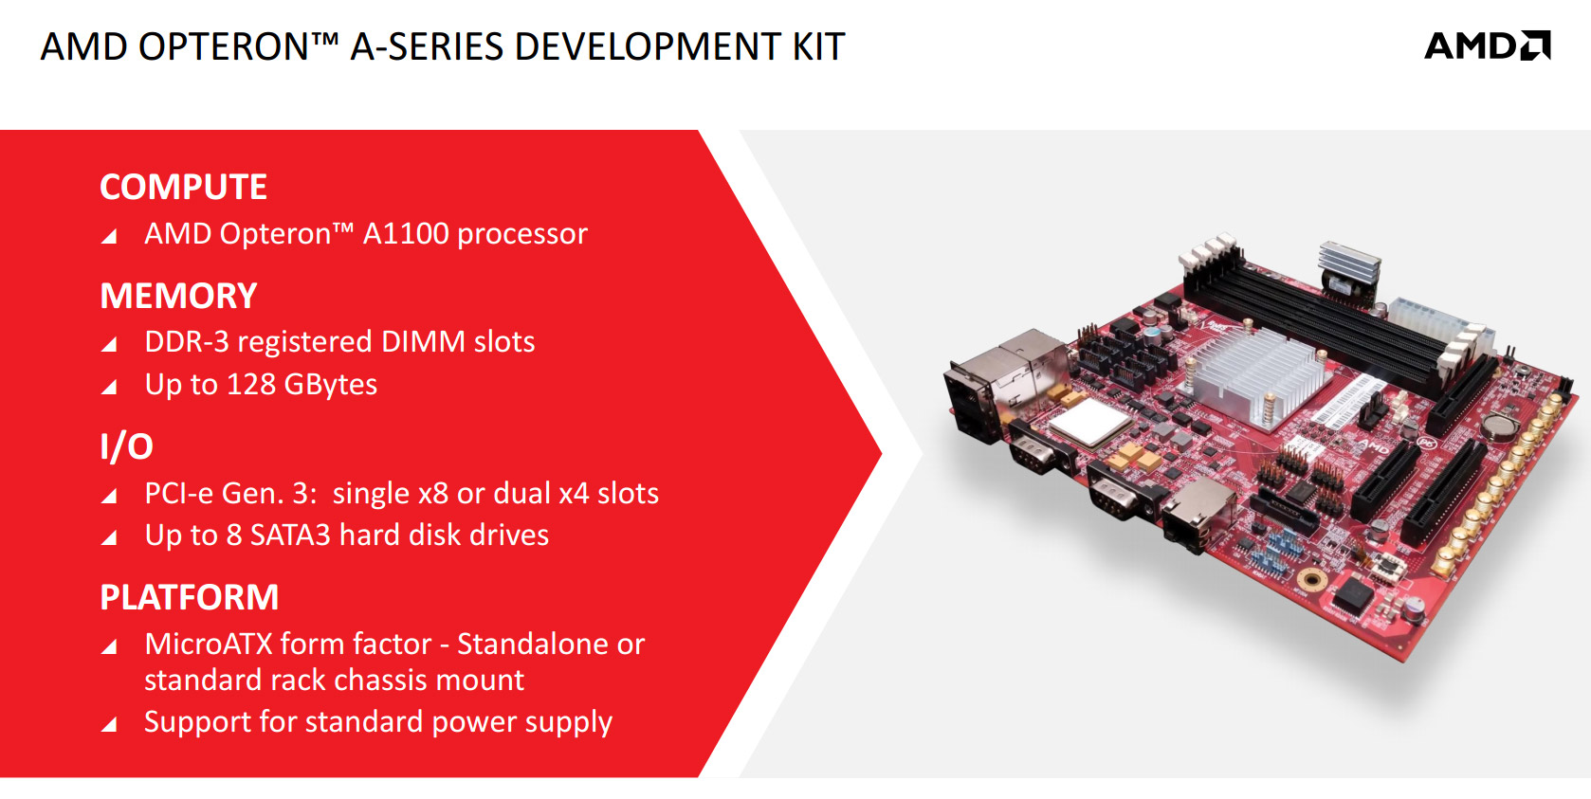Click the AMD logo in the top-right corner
[1488, 45]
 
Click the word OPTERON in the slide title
[223, 46]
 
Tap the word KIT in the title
[819, 46]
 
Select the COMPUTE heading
[183, 187]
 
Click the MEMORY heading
[178, 296]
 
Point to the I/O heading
[126, 446]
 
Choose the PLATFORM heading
[189, 597]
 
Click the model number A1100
[406, 234]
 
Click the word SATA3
[290, 535]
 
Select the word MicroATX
[209, 644]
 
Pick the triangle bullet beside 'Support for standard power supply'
[109, 724]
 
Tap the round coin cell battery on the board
[1499, 424]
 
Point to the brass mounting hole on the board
[1312, 579]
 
